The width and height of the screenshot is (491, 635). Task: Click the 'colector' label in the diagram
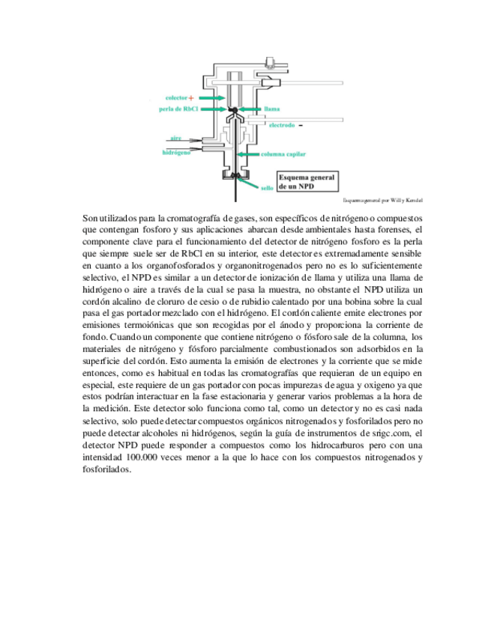coord(176,98)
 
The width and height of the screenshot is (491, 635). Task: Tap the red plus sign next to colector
coord(192,98)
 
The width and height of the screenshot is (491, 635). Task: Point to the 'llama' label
coord(272,109)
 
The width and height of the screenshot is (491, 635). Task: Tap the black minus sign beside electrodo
coord(301,124)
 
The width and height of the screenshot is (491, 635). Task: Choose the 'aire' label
coord(175,139)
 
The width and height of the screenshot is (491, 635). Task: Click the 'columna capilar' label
coord(283,154)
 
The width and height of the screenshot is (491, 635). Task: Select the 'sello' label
coord(267,189)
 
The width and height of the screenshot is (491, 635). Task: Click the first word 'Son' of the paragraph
coord(90,217)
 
